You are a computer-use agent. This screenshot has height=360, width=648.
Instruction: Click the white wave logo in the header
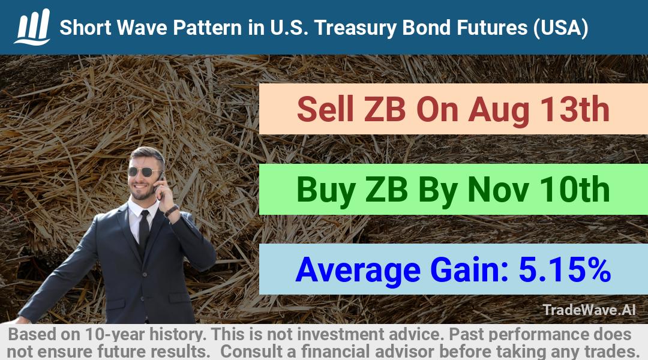[32, 27]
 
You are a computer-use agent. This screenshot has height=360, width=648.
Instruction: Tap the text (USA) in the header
[560, 28]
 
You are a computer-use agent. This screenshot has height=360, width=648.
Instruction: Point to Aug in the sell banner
[499, 110]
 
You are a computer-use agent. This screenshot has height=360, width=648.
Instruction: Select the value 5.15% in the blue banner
[565, 269]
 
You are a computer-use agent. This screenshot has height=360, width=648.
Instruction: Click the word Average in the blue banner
[358, 271]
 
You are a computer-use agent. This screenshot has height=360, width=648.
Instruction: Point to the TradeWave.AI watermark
[589, 310]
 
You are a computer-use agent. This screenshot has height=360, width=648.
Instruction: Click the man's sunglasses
[144, 172]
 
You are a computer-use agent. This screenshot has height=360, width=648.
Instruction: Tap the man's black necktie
[144, 232]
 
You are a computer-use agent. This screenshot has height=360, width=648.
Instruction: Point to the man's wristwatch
[171, 211]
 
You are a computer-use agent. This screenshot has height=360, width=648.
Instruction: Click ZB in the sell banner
[385, 109]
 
